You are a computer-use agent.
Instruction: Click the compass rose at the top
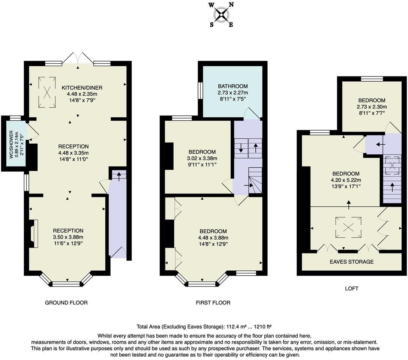pos(221,15)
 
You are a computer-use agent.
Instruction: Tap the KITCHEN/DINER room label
pos(82,88)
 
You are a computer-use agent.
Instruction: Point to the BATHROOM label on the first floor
pos(232,86)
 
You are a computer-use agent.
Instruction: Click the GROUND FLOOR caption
pos(66,303)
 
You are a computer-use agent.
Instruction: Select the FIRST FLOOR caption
pos(213,303)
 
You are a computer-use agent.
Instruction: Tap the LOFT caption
pos(351,288)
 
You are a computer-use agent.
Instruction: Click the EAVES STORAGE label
pos(351,262)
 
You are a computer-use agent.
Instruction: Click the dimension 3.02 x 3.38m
pos(202,158)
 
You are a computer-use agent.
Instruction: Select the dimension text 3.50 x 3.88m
pos(68,237)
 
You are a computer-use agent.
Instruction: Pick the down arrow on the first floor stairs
pos(240,148)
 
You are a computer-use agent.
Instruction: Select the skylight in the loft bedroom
pos(348,227)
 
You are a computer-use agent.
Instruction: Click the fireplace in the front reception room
pos(35,234)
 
